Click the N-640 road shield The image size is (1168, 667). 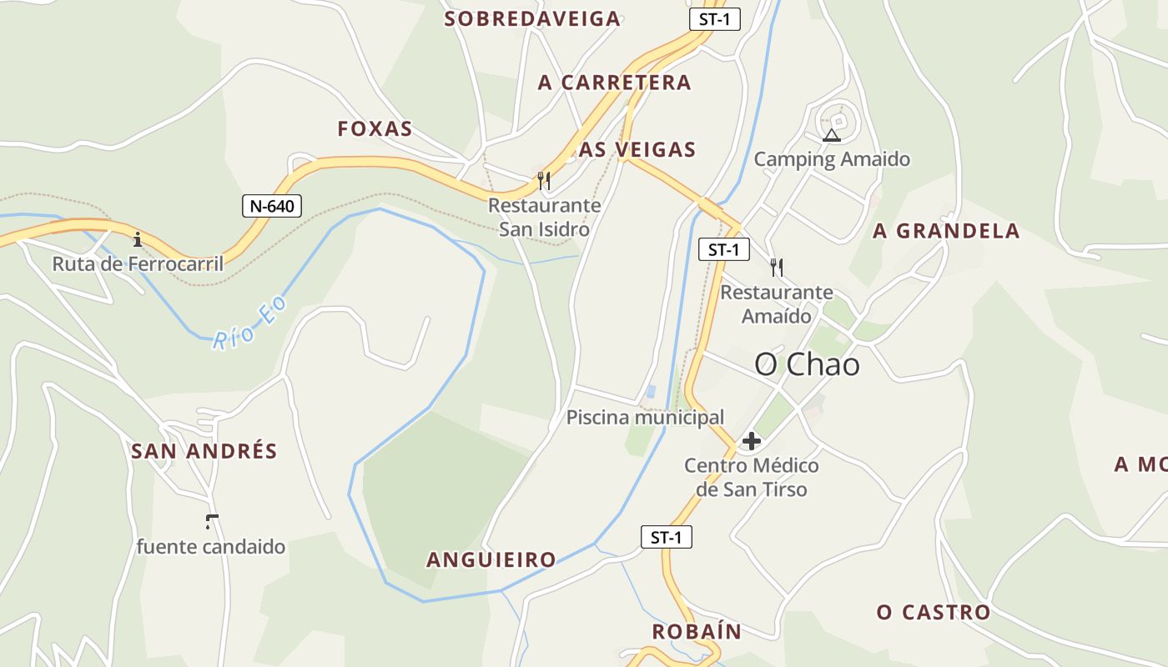point(272,206)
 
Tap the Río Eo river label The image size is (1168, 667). point(249,323)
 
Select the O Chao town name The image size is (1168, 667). point(807,364)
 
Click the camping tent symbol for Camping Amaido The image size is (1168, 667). point(831,135)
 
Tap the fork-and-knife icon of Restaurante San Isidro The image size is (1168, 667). point(544,180)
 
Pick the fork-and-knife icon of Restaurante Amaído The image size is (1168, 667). point(777,267)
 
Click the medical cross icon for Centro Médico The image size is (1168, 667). point(752,441)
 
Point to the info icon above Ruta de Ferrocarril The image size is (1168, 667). point(138,240)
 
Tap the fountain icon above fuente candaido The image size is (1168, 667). point(211,523)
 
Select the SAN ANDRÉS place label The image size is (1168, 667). point(204,451)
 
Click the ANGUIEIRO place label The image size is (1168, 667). point(491,559)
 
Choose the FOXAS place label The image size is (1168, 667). point(375,128)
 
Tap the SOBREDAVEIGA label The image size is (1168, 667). point(532,19)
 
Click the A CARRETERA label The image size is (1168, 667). point(615,83)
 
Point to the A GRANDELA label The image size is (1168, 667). point(946,231)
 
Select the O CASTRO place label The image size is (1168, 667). point(934,613)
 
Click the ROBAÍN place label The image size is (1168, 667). point(697,631)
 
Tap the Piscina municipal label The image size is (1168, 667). point(645,417)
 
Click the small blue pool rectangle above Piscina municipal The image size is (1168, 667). point(651,391)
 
